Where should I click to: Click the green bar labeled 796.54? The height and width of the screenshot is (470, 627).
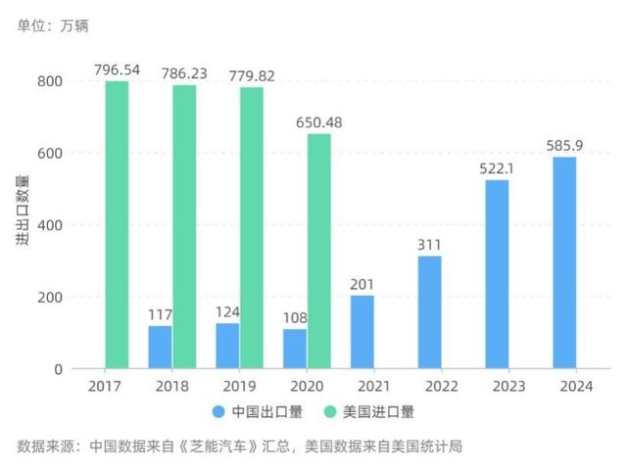tap(117, 225)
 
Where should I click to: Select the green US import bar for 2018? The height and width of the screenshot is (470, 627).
tap(184, 227)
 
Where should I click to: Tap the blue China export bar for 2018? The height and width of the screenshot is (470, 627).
tap(161, 347)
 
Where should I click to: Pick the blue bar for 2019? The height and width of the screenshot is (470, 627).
tap(227, 346)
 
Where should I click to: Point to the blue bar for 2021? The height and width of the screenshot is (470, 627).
tap(362, 332)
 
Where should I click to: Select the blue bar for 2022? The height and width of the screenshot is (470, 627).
tap(429, 312)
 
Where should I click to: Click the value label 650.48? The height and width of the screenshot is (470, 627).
tap(319, 122)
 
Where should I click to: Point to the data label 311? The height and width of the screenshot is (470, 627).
tap(429, 245)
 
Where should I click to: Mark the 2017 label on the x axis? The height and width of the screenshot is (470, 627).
tap(105, 387)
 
